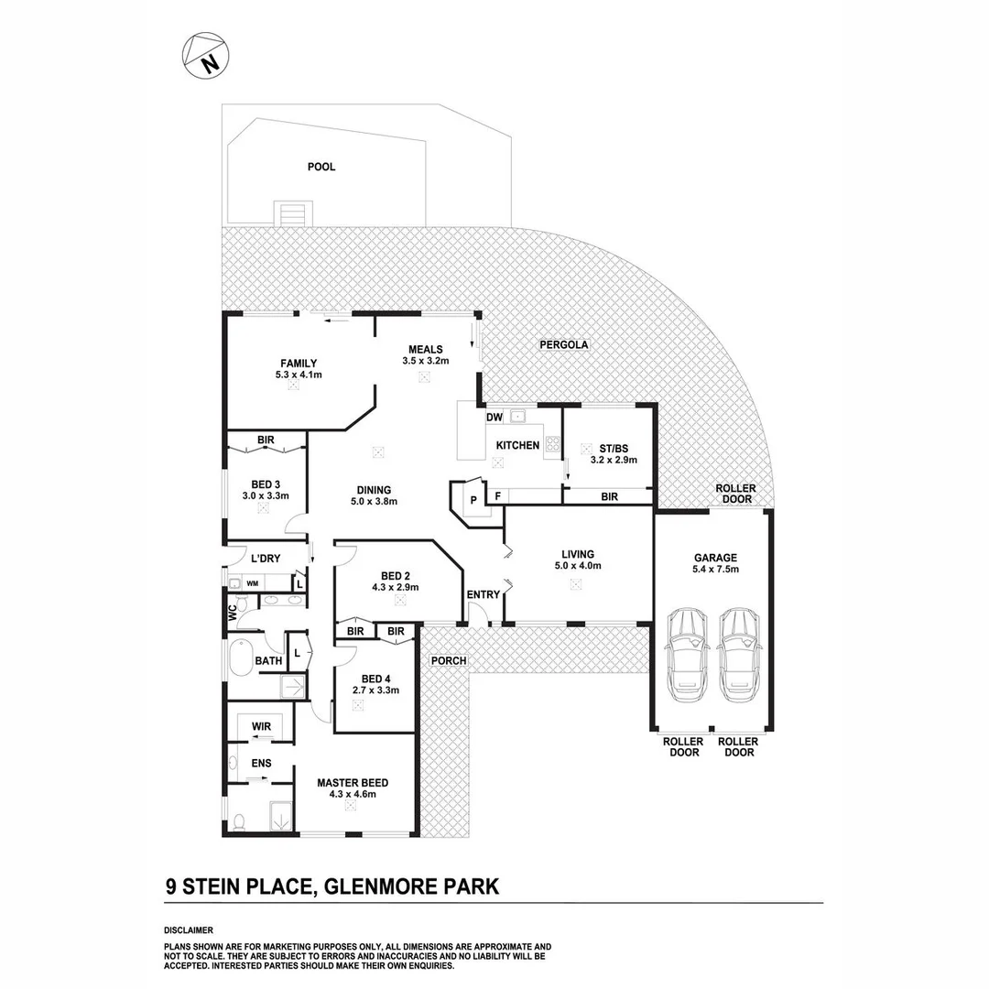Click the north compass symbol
[206, 55]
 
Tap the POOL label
[321, 167]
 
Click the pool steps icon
[292, 214]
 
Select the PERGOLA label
[564, 345]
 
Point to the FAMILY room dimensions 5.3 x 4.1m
[299, 375]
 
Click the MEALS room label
[425, 349]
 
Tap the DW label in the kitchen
[494, 418]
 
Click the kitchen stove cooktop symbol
[552, 445]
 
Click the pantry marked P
[473, 500]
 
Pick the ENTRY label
[484, 595]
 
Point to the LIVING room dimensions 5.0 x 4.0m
[578, 566]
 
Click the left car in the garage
[688, 652]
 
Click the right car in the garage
[738, 652]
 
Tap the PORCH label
[449, 660]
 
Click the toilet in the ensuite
[239, 821]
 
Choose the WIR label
[261, 725]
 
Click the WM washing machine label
[251, 582]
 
